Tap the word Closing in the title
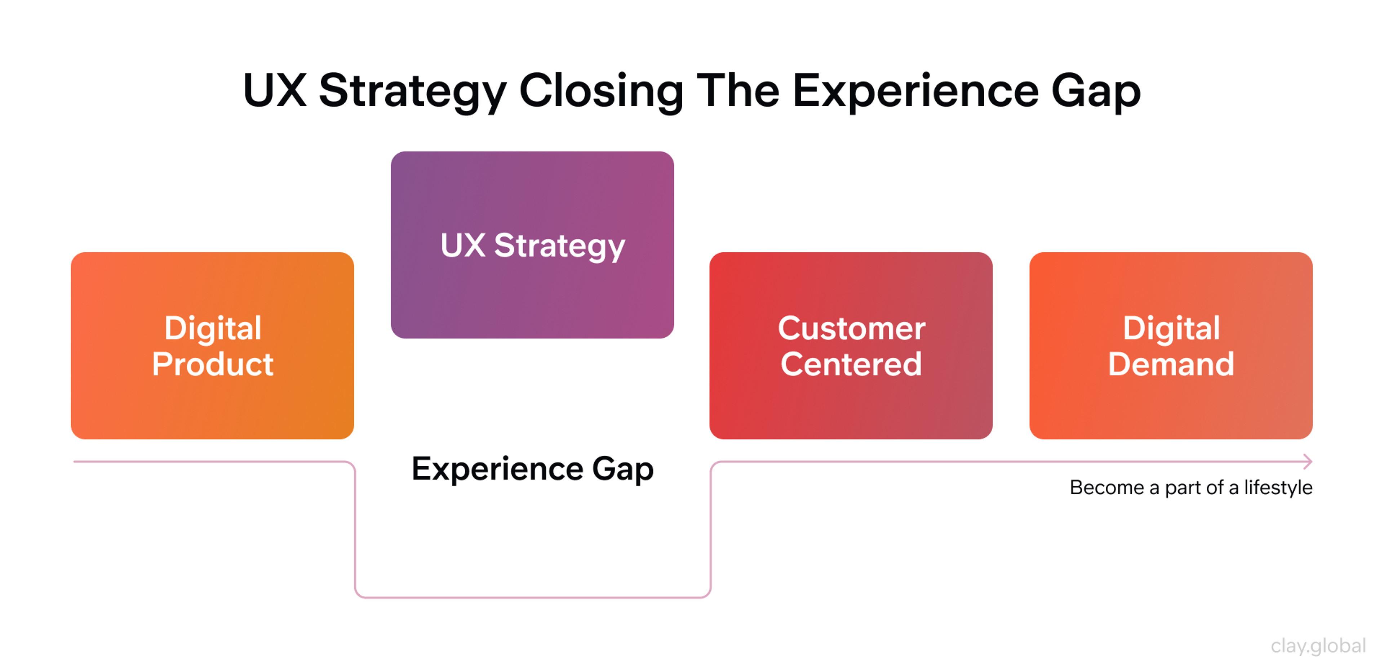(x=601, y=91)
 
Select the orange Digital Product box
(x=212, y=408)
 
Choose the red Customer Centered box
(x=851, y=408)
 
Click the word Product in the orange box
(x=212, y=365)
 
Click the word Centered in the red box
(x=851, y=365)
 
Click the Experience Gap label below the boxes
(x=532, y=469)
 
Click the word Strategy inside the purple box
(x=559, y=246)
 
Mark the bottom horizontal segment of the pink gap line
(x=532, y=597)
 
